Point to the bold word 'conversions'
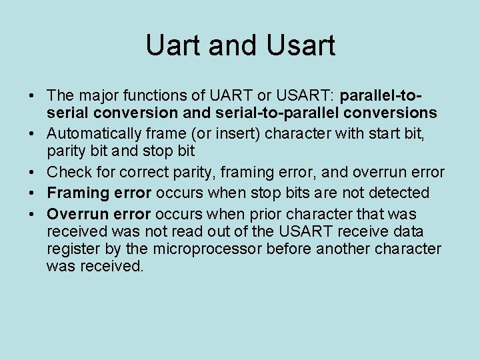[x=394, y=113]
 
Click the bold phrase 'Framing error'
[x=99, y=193]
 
